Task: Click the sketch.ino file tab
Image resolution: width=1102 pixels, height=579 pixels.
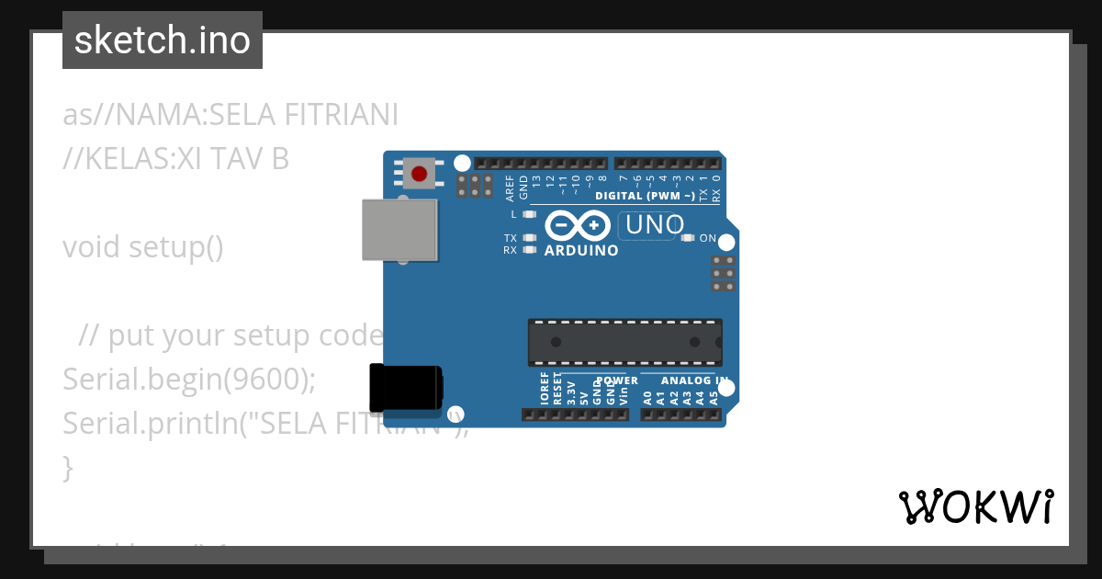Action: (x=163, y=40)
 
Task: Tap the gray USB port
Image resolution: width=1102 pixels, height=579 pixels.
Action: (x=399, y=229)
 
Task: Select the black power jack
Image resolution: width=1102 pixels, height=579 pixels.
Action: (x=405, y=388)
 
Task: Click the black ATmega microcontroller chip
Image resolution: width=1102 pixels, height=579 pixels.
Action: (x=624, y=342)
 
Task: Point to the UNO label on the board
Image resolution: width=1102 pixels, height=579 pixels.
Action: (x=653, y=224)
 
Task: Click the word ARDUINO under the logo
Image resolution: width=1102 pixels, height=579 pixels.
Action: (x=581, y=250)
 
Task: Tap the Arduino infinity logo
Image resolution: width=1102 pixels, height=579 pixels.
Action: (x=578, y=225)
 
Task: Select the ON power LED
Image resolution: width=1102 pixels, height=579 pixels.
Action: (x=688, y=238)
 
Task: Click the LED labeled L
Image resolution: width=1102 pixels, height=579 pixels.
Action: (x=528, y=214)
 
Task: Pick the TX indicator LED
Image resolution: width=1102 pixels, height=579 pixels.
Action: (x=528, y=238)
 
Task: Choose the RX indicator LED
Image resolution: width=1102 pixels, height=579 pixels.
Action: (x=528, y=249)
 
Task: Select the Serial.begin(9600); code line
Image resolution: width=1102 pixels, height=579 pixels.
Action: (x=189, y=380)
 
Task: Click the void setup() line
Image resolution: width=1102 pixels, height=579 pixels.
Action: (x=143, y=247)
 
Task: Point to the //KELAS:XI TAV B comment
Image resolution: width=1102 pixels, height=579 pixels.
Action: (x=175, y=159)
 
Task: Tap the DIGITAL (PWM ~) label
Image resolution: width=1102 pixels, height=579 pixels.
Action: (x=645, y=196)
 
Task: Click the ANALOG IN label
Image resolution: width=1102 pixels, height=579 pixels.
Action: (x=694, y=380)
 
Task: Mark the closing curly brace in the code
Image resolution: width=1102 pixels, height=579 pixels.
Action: (x=67, y=467)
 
